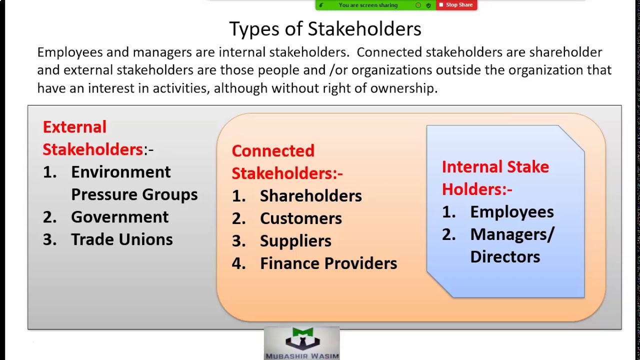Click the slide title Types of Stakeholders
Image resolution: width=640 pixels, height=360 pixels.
coord(325,29)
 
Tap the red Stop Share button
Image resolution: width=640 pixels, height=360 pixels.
coord(456,5)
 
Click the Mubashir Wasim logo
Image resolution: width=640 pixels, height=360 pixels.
coord(302,343)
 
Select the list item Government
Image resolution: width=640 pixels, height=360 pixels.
coord(119,217)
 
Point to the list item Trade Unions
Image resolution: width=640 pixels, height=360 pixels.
coord(121,239)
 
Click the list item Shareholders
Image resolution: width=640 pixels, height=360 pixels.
coord(310,196)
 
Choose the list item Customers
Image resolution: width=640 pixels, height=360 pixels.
coord(300,218)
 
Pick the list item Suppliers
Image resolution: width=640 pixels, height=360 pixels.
coord(295,241)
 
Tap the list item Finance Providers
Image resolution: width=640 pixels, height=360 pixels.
coord(328,263)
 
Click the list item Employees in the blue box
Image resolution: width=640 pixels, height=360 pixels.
coord(511,212)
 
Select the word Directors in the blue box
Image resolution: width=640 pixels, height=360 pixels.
coord(505,257)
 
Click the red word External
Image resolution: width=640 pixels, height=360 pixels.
coord(74,127)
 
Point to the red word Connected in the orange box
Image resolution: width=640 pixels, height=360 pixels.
coord(273,151)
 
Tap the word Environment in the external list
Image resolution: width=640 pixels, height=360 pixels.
coord(120,172)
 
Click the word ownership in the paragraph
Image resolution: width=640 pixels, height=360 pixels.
coord(403,88)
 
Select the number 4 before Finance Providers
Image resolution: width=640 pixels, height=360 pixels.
coord(238,263)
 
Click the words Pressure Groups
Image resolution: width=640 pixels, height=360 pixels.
coord(134,194)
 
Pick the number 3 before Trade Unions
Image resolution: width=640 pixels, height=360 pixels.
coord(49,239)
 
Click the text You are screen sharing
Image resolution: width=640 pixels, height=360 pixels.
coord(368,5)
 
